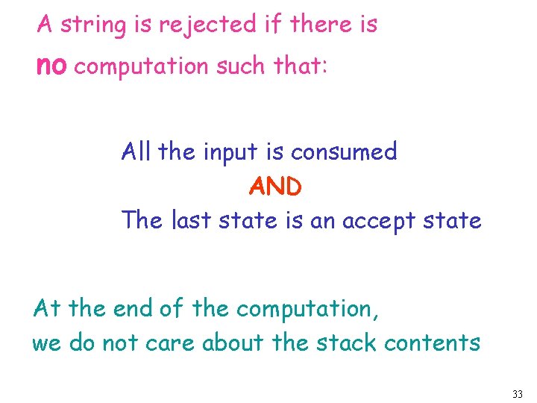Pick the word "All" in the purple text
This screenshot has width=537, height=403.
pos(136,152)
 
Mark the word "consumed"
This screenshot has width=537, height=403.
pos(344,152)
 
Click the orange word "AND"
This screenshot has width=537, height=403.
pos(275,187)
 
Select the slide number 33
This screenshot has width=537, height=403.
pos(518,393)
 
